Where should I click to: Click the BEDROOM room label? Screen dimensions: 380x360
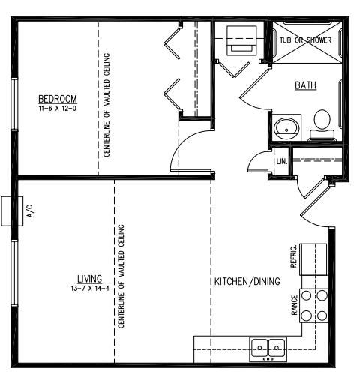57,100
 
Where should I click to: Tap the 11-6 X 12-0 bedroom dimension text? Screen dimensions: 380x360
57,109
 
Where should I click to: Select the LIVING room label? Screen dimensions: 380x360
89,278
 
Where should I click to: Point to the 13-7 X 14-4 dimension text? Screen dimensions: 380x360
89,287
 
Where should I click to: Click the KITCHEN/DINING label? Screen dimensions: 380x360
247,282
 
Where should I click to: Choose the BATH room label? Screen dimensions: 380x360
305,85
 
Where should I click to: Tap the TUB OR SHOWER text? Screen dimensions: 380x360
305,40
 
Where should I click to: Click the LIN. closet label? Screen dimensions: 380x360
281,161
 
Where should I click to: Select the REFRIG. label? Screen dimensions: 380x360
294,257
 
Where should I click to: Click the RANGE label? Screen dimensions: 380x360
294,304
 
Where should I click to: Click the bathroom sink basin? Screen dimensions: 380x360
285,127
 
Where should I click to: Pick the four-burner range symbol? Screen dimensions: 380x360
314,304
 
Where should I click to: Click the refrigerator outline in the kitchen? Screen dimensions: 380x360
314,259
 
